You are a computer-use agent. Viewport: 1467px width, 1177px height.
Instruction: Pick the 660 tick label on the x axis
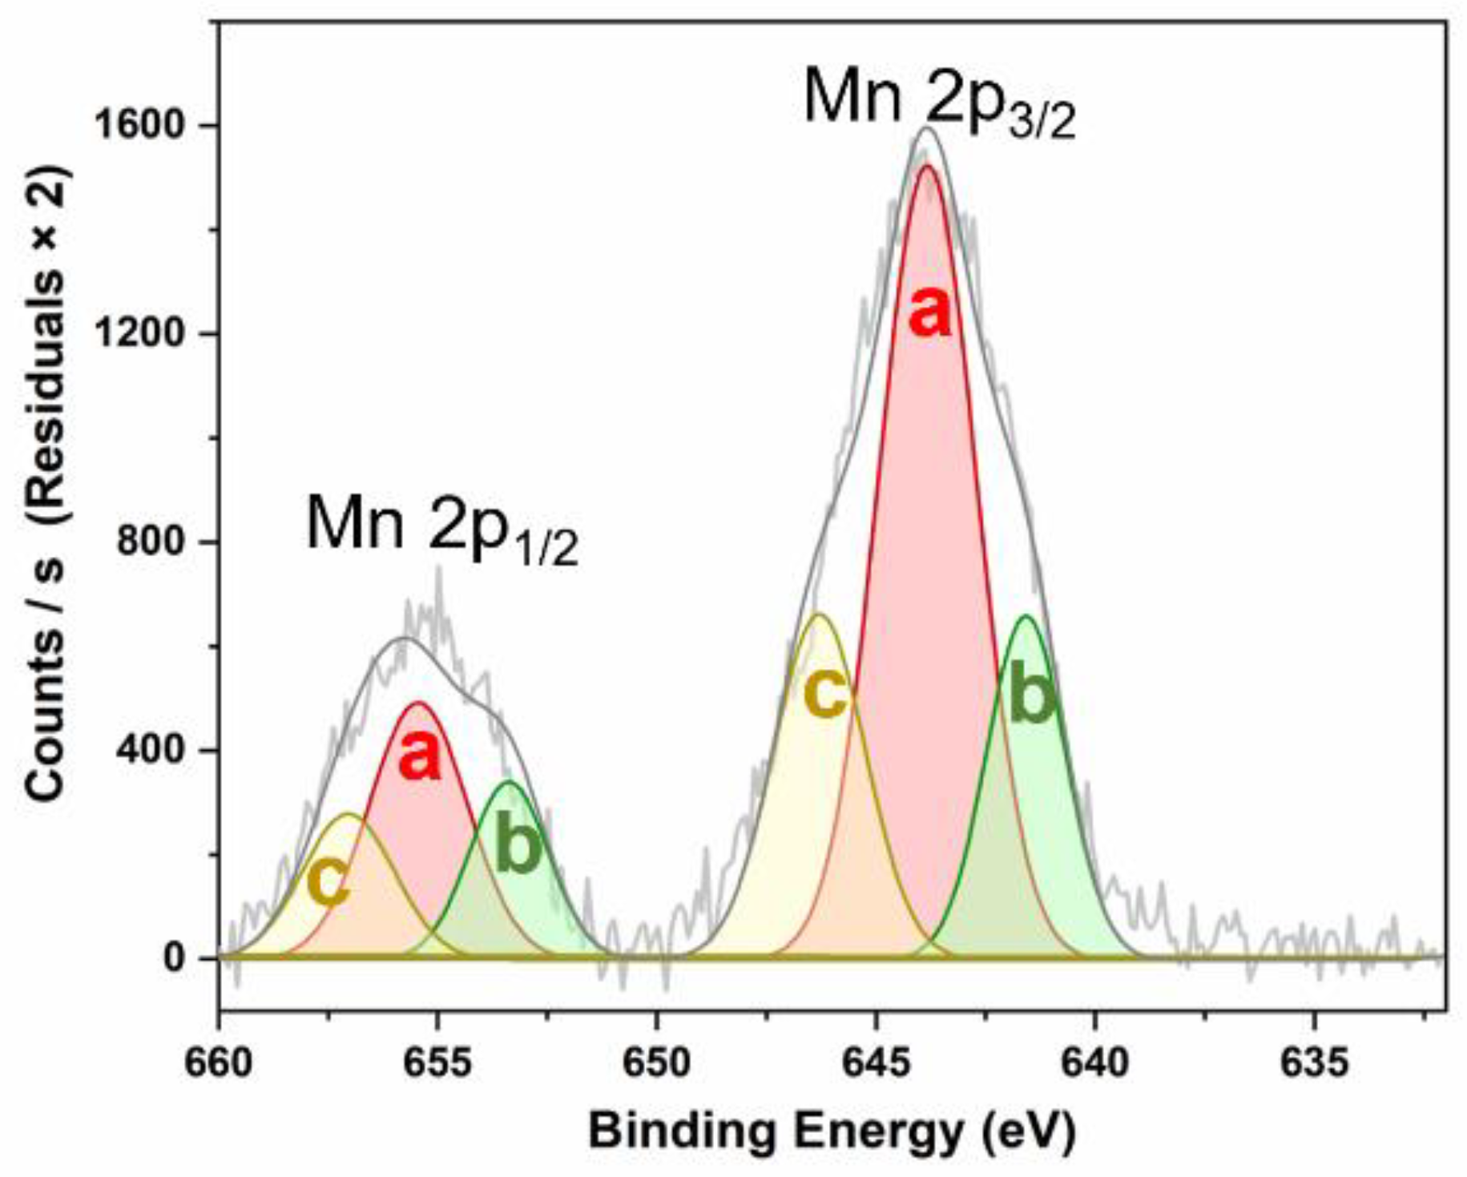point(219,1063)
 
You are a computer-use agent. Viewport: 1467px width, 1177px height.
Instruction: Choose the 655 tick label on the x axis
point(437,1063)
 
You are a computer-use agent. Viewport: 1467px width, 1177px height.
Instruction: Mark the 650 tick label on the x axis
point(657,1063)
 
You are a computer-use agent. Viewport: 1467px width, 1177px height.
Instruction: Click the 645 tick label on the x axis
point(876,1063)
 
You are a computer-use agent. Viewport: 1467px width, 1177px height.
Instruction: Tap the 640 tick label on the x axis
point(1095,1063)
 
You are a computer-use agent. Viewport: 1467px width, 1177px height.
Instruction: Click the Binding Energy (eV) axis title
point(832,1132)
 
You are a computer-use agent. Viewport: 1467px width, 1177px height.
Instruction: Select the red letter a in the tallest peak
point(930,312)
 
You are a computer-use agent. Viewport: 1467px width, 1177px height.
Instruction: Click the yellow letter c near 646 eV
point(825,694)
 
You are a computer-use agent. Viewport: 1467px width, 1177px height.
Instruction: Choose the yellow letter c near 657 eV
point(328,881)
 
